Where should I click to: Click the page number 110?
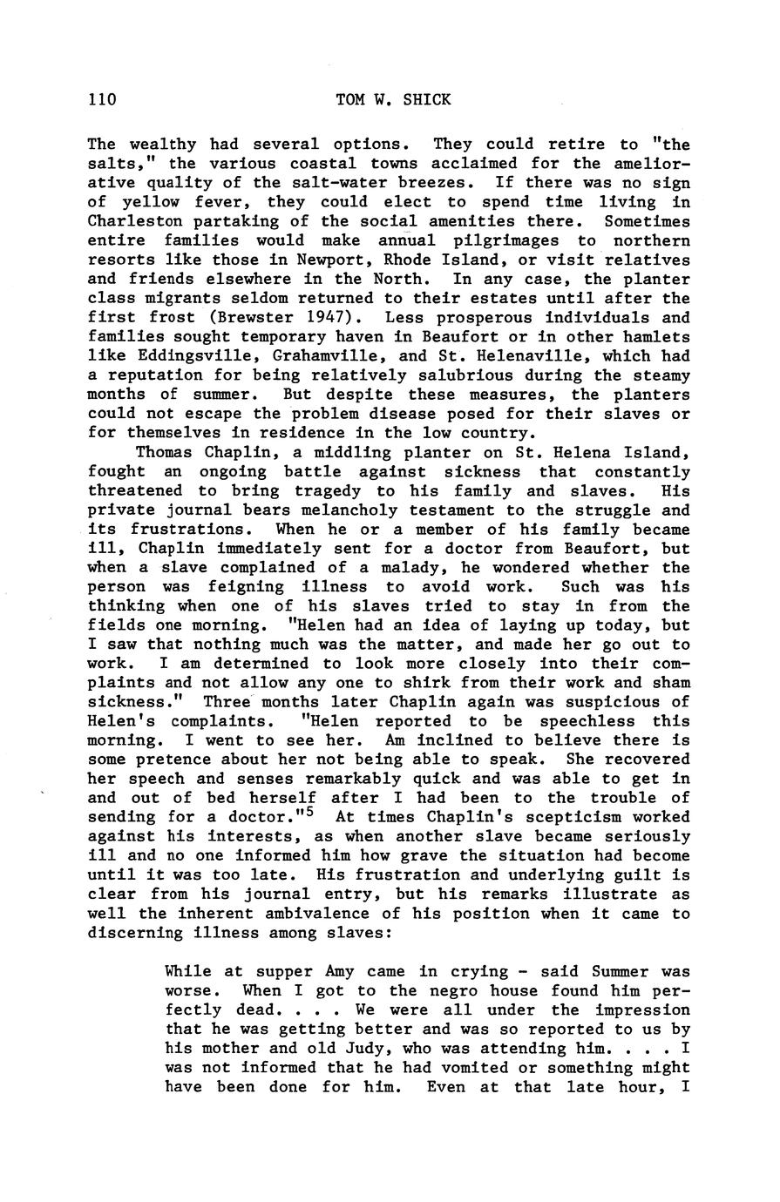pos(102,99)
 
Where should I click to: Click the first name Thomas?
pos(166,452)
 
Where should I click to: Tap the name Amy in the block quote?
pos(339,971)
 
